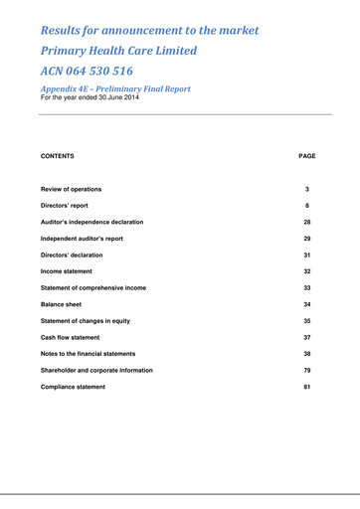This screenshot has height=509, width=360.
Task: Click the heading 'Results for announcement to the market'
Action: tap(149, 30)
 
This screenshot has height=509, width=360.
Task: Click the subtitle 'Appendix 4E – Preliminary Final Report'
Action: tap(115, 88)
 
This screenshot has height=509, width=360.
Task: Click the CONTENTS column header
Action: tap(57, 156)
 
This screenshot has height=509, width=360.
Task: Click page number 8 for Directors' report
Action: tap(307, 206)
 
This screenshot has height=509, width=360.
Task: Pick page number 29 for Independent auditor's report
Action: tap(307, 239)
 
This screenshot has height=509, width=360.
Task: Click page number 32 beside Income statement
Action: tap(307, 271)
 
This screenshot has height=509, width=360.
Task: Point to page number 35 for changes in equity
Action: tap(307, 321)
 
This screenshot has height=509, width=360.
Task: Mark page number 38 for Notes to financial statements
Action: tap(307, 354)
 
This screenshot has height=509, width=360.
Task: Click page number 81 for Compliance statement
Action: tap(307, 387)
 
